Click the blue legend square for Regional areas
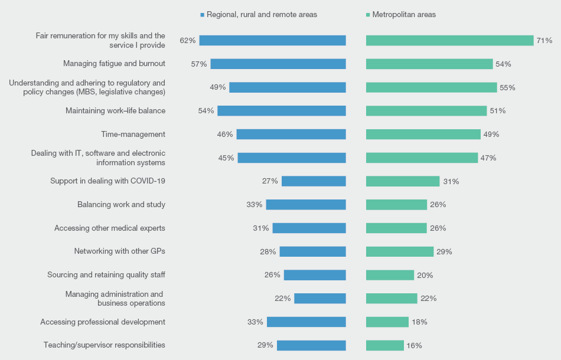click(x=202, y=15)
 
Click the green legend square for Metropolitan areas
click(x=368, y=15)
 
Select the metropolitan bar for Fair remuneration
click(x=449, y=40)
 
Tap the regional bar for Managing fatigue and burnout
click(x=278, y=64)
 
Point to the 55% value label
click(x=507, y=87)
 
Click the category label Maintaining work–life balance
click(x=115, y=110)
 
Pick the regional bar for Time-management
click(x=291, y=134)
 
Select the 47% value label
click(x=488, y=158)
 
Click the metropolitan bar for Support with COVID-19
click(x=403, y=181)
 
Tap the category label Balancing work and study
click(x=121, y=205)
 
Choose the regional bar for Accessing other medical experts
click(x=309, y=228)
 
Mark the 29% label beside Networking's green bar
click(x=444, y=251)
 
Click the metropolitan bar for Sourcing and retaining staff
click(x=390, y=275)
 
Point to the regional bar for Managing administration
click(x=319, y=299)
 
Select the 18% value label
click(x=419, y=322)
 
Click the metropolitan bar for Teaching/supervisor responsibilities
click(x=384, y=345)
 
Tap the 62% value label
click(x=187, y=41)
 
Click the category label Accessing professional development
click(x=103, y=322)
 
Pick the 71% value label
click(x=544, y=41)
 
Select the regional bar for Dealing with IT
click(x=291, y=158)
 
